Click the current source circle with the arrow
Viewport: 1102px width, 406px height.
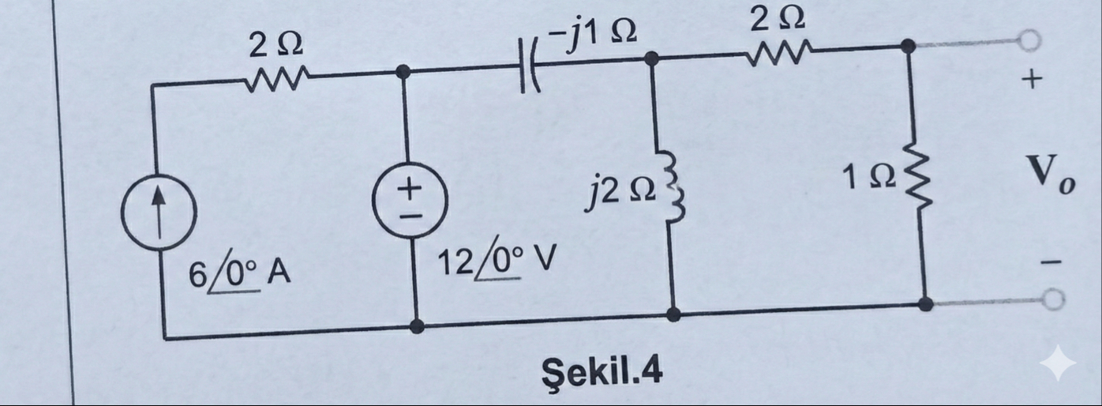pyautogui.click(x=158, y=213)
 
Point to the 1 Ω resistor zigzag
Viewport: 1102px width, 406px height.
pyautogui.click(x=916, y=182)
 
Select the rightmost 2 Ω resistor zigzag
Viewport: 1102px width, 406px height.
pyautogui.click(x=777, y=55)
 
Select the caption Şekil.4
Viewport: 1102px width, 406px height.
pyautogui.click(x=601, y=369)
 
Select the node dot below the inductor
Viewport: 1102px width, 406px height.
pyautogui.click(x=673, y=314)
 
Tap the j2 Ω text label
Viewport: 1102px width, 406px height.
pyautogui.click(x=618, y=193)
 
